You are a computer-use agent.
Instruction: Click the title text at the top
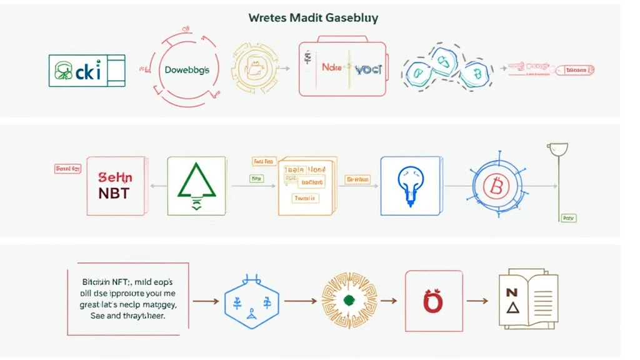pos(313,17)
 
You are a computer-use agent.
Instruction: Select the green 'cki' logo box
pos(87,70)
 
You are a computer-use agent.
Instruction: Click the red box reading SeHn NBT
pos(116,186)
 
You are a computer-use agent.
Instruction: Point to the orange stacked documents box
pos(306,186)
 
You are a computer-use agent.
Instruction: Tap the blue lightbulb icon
pos(409,186)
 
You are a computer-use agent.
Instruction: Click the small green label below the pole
pos(568,219)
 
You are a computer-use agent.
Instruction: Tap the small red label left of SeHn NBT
pos(67,168)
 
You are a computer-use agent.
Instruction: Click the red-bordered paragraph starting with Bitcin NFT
pos(128,299)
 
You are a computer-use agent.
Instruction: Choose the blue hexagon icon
pos(252,301)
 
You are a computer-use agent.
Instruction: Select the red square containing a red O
pos(433,300)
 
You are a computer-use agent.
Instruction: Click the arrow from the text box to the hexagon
pos(206,301)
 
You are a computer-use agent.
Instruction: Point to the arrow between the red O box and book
pos(477,301)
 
